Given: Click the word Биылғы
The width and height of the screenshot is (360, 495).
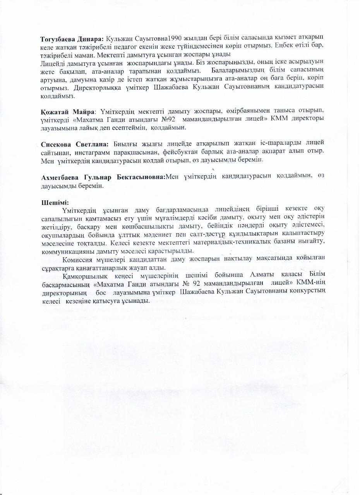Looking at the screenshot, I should click(127, 144).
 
